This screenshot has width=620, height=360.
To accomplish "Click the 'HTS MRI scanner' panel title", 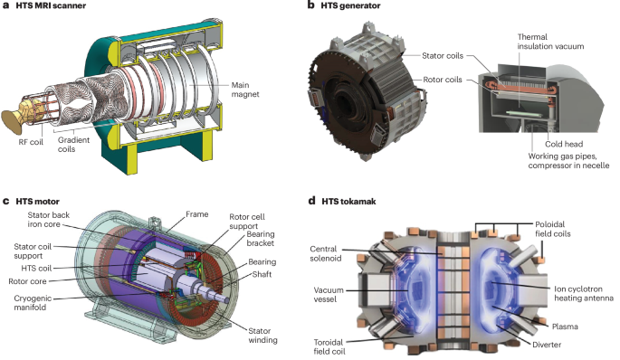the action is (x=51, y=6).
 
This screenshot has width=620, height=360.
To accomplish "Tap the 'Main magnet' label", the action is (x=245, y=90).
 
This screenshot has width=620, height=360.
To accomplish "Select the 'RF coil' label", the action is (x=31, y=142).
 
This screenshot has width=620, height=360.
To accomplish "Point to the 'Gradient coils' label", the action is (x=73, y=145).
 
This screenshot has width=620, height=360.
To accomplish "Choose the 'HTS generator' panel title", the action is (x=350, y=6).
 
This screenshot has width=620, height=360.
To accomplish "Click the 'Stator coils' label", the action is (x=443, y=56).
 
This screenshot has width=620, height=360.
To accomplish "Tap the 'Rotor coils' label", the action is (x=443, y=80).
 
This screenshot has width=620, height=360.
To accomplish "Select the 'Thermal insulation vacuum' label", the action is (x=550, y=42).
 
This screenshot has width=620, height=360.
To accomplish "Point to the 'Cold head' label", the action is (x=564, y=144).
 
